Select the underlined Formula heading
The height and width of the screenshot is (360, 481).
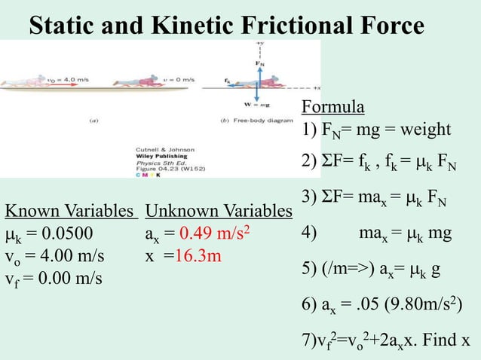click(x=332, y=105)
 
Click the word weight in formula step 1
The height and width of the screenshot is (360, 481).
click(x=426, y=130)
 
